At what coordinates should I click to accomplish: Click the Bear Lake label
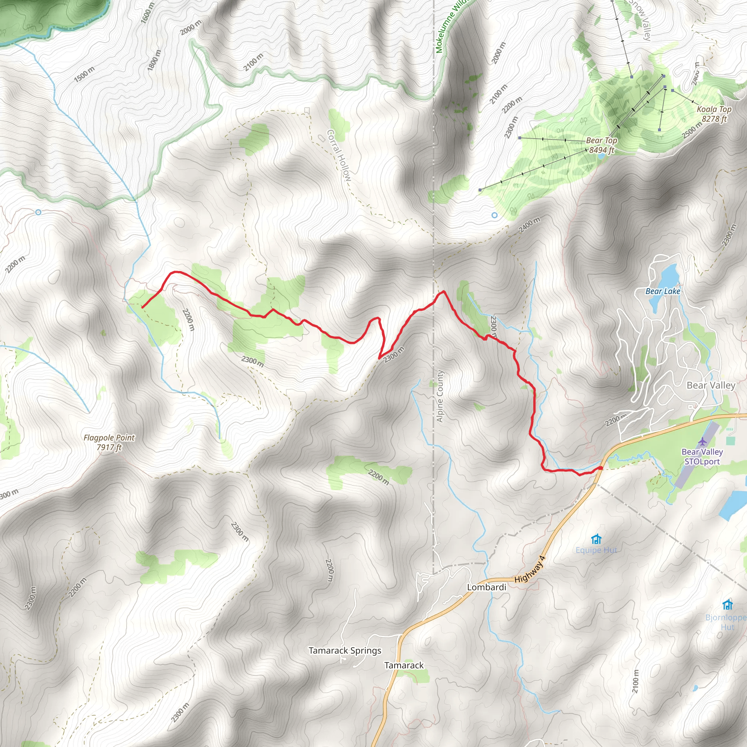pos(663,291)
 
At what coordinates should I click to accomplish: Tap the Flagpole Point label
pos(109,442)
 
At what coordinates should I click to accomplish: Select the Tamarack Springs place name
pos(345,650)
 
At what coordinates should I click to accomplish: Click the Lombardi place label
pos(487,587)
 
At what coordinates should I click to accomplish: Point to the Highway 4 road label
pos(530,569)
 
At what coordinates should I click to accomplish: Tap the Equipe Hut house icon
pos(596,539)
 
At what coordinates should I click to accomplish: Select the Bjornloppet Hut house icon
pos(728,604)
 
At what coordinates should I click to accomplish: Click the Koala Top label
pos(714,114)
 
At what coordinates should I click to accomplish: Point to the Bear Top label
pos(601,145)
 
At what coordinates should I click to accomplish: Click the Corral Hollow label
pos(339,155)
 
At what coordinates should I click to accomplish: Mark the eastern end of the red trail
pos(601,468)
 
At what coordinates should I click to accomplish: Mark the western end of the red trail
pos(143,307)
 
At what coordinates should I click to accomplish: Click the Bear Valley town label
pos(711,385)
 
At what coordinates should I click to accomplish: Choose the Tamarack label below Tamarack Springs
pos(404,665)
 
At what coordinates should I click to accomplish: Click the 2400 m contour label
pos(529,225)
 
